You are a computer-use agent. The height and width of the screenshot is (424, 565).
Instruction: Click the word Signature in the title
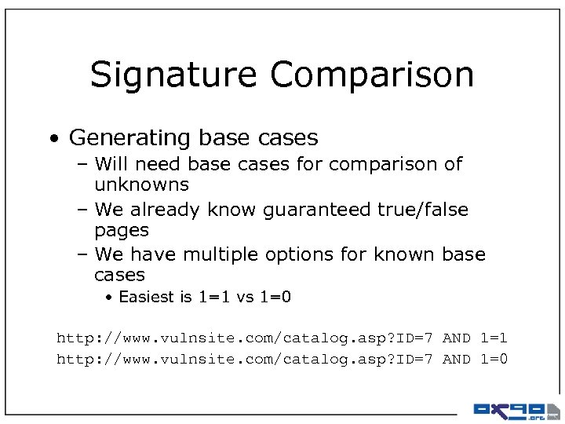coord(174,75)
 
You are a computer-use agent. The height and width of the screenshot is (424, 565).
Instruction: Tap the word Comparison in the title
coord(372,75)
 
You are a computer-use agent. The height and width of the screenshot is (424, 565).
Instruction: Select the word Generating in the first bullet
coord(129,138)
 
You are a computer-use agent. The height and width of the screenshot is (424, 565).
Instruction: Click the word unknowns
coord(141,185)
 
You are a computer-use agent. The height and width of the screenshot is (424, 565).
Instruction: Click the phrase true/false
coord(424,210)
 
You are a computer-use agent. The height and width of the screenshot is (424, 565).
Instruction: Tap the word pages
coord(121,231)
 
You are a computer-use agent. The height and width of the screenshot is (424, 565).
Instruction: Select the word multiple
coord(213,254)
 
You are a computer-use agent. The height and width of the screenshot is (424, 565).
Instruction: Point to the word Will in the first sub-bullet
coord(109,164)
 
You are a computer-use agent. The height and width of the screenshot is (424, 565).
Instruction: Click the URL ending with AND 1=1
coord(282,338)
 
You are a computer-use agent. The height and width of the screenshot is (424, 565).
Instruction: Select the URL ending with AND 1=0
coord(282,360)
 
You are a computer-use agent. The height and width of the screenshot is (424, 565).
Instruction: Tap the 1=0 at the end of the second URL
coord(494,360)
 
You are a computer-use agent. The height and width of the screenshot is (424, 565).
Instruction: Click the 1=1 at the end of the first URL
coord(494,338)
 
